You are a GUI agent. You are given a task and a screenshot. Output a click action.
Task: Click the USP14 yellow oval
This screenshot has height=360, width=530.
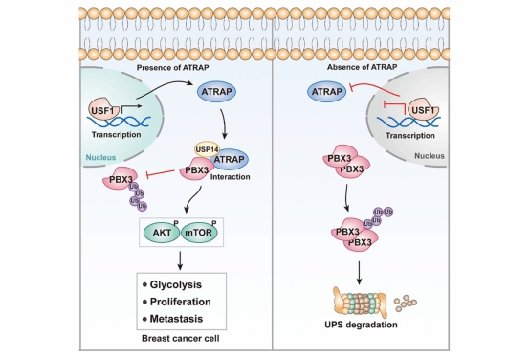pos(207,148)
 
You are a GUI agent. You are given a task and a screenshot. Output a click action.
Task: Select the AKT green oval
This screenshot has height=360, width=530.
pos(162,233)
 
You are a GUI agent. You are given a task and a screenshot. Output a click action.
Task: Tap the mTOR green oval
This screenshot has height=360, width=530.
pos(199,233)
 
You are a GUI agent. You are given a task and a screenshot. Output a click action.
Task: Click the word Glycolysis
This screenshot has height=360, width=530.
pos(176,285)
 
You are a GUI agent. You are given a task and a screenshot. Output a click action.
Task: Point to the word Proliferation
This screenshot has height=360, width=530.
pos(181,302)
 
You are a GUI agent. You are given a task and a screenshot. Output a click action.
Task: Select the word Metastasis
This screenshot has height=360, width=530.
pos(176,319)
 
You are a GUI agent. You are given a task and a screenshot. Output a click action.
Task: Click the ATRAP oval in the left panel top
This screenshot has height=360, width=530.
pos(216,91)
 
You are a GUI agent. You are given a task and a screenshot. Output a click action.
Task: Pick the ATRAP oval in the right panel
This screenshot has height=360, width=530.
pos(326,91)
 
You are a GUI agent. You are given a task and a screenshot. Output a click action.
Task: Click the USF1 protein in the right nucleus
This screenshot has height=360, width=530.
pos(423,109)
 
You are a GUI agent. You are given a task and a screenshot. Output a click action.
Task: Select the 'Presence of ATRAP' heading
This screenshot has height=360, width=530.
pos(173,68)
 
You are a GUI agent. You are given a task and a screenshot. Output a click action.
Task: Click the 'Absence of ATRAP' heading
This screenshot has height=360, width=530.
pos(362,67)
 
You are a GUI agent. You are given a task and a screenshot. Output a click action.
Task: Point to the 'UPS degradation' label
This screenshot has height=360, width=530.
pos(361,325)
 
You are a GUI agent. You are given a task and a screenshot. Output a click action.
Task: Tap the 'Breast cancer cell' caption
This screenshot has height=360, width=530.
pos(181,338)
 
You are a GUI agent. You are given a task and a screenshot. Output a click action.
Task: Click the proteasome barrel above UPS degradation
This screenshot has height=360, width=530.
pos(360,303)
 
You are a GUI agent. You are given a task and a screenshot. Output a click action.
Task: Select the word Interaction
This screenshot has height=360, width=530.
pos(231,177)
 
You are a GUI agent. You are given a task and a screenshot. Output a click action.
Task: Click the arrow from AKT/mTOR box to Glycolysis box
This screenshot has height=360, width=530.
pos(180,260)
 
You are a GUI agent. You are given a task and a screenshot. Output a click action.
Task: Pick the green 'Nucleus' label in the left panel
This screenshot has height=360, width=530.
pos(100,157)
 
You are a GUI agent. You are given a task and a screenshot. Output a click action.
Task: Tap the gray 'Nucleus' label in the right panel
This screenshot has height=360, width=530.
pos(430,156)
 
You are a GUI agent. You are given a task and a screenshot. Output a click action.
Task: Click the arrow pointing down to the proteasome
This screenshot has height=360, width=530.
pos(360,273)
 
